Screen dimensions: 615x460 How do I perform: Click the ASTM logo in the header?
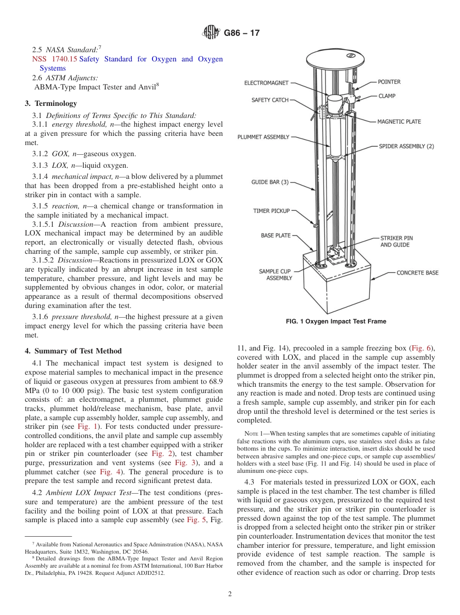pyautogui.click(x=211, y=33)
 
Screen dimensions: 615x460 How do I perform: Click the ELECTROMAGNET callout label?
pyautogui.click(x=267, y=83)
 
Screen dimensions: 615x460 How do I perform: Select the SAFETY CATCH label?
pyautogui.click(x=270, y=100)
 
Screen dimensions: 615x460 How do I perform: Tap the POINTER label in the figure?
pyautogui.click(x=389, y=82)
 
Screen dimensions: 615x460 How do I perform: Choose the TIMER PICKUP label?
pyautogui.click(x=271, y=211)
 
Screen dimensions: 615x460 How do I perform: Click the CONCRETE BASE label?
pyautogui.click(x=417, y=273)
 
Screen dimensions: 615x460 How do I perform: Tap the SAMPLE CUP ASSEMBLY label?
pyautogui.click(x=275, y=275)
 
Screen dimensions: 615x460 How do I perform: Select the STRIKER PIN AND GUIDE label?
pyautogui.click(x=396, y=242)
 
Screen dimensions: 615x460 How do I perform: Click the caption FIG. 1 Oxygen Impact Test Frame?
pyautogui.click(x=336, y=322)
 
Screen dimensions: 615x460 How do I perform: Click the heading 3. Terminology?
pyautogui.click(x=51, y=103)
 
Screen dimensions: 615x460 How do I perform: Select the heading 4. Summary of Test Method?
pyautogui.click(x=73, y=351)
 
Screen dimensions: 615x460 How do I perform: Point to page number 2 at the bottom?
pyautogui.click(x=230, y=594)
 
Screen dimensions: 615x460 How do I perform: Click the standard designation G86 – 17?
pyautogui.click(x=242, y=33)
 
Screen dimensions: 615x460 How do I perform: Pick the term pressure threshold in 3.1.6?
pyautogui.click(x=80, y=317)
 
